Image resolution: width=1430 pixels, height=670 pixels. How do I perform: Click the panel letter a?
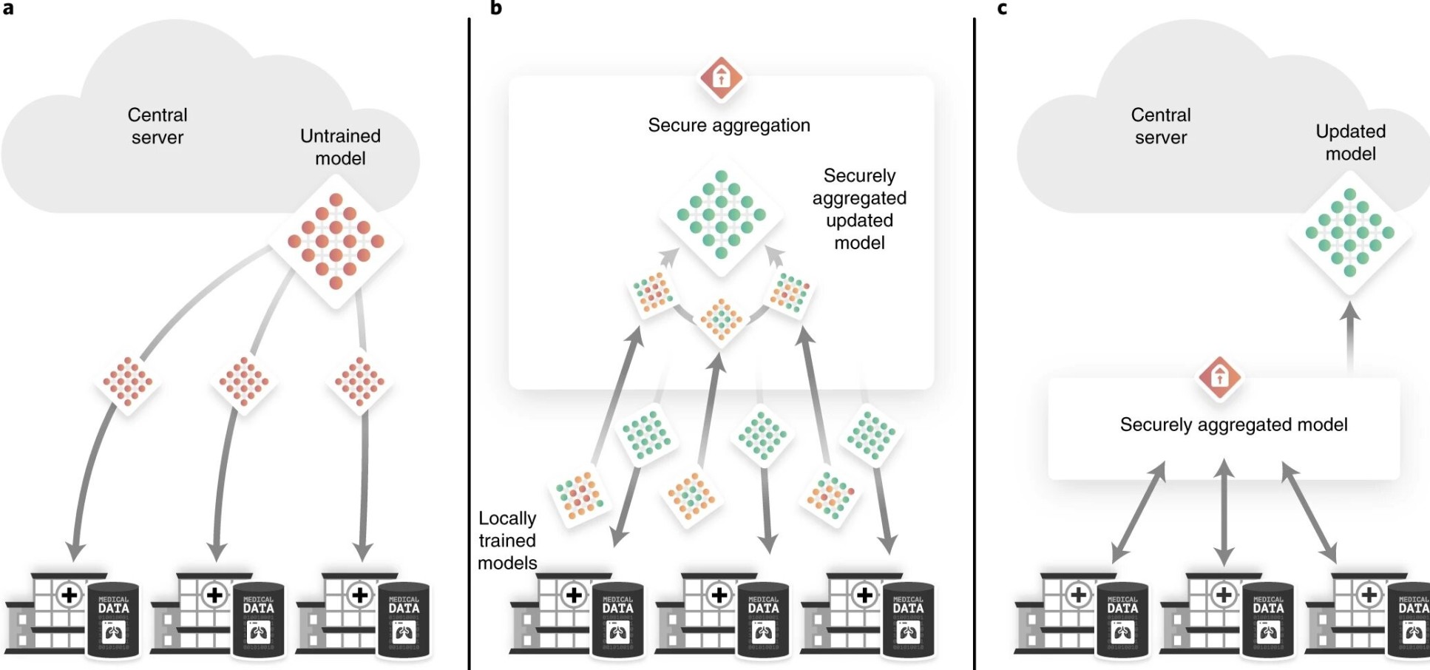click(x=8, y=8)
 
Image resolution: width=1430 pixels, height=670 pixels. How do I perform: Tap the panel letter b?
click(x=496, y=8)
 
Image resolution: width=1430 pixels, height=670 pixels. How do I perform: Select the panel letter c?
click(x=1002, y=9)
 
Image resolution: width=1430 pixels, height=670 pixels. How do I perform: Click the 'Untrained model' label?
click(x=340, y=147)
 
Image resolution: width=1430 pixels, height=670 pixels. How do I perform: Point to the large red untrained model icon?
click(x=336, y=241)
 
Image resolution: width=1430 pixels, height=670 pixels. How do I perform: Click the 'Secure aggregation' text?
click(x=729, y=126)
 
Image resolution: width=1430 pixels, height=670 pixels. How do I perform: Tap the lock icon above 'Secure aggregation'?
click(x=721, y=77)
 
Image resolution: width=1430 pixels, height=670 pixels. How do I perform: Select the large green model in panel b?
click(x=721, y=215)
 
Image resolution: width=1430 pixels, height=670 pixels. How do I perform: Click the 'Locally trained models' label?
click(x=507, y=541)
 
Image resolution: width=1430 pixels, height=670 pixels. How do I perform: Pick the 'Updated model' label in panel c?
click(x=1350, y=143)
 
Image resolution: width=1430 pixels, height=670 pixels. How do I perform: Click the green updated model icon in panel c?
click(x=1350, y=232)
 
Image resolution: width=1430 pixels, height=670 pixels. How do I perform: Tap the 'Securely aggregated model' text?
click(x=1233, y=425)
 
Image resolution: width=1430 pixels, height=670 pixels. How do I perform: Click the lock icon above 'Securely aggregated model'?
click(x=1219, y=377)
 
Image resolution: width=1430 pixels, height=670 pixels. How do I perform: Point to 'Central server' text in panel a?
click(x=157, y=126)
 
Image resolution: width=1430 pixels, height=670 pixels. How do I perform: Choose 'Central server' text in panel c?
click(x=1161, y=126)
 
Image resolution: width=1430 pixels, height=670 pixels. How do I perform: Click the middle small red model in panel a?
click(x=244, y=382)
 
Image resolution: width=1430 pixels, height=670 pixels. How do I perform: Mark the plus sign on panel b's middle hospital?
click(x=719, y=595)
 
